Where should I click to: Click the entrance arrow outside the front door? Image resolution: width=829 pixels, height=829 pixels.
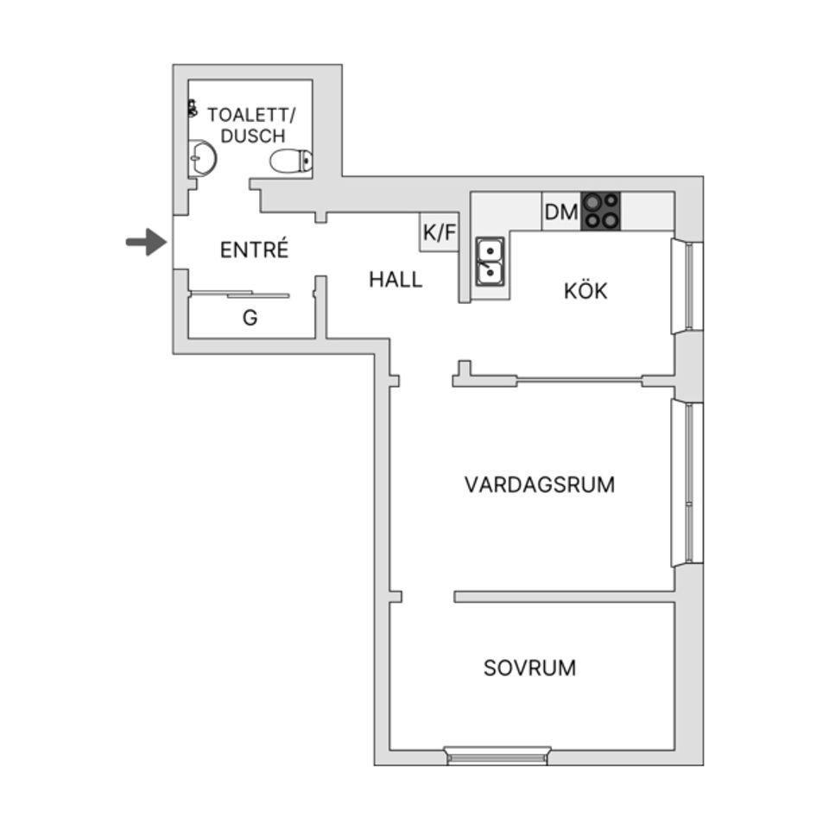click(146, 242)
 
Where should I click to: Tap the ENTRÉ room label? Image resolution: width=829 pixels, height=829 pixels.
click(253, 250)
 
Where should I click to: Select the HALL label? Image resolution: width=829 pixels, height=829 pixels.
click(396, 280)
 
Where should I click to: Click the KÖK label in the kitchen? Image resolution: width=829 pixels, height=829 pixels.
click(585, 291)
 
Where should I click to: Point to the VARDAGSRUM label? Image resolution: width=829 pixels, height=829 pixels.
click(540, 484)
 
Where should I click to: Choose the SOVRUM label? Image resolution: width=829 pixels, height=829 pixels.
click(529, 668)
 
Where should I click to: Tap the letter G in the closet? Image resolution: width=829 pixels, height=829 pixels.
click(250, 318)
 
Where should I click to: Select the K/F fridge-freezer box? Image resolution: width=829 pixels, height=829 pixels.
click(439, 232)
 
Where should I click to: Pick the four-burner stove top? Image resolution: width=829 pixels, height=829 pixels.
click(601, 211)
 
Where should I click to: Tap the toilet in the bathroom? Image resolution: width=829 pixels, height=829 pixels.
click(291, 161)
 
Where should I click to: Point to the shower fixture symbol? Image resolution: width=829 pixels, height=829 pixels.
click(192, 109)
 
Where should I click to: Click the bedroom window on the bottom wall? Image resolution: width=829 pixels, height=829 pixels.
click(497, 756)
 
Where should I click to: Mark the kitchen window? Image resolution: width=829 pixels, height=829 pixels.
click(688, 287)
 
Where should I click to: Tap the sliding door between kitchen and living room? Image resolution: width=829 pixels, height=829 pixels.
click(579, 377)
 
